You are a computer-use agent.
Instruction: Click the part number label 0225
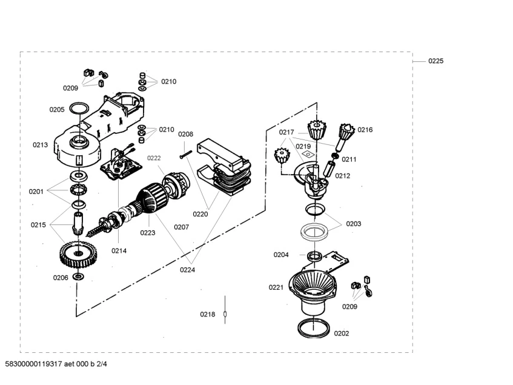(435, 61)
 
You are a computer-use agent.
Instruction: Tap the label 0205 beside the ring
(57, 110)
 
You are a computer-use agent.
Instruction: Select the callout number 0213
(40, 145)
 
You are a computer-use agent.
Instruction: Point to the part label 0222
(154, 158)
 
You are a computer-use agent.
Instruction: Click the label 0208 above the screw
(185, 134)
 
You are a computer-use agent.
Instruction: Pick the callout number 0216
(365, 130)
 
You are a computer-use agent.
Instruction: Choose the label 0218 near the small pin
(208, 314)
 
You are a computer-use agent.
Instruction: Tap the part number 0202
(342, 333)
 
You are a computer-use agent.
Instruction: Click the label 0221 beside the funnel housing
(276, 287)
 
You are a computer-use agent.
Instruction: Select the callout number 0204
(280, 255)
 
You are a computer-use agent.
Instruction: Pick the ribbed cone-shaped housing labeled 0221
(314, 285)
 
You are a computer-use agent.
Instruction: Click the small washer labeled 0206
(78, 276)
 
